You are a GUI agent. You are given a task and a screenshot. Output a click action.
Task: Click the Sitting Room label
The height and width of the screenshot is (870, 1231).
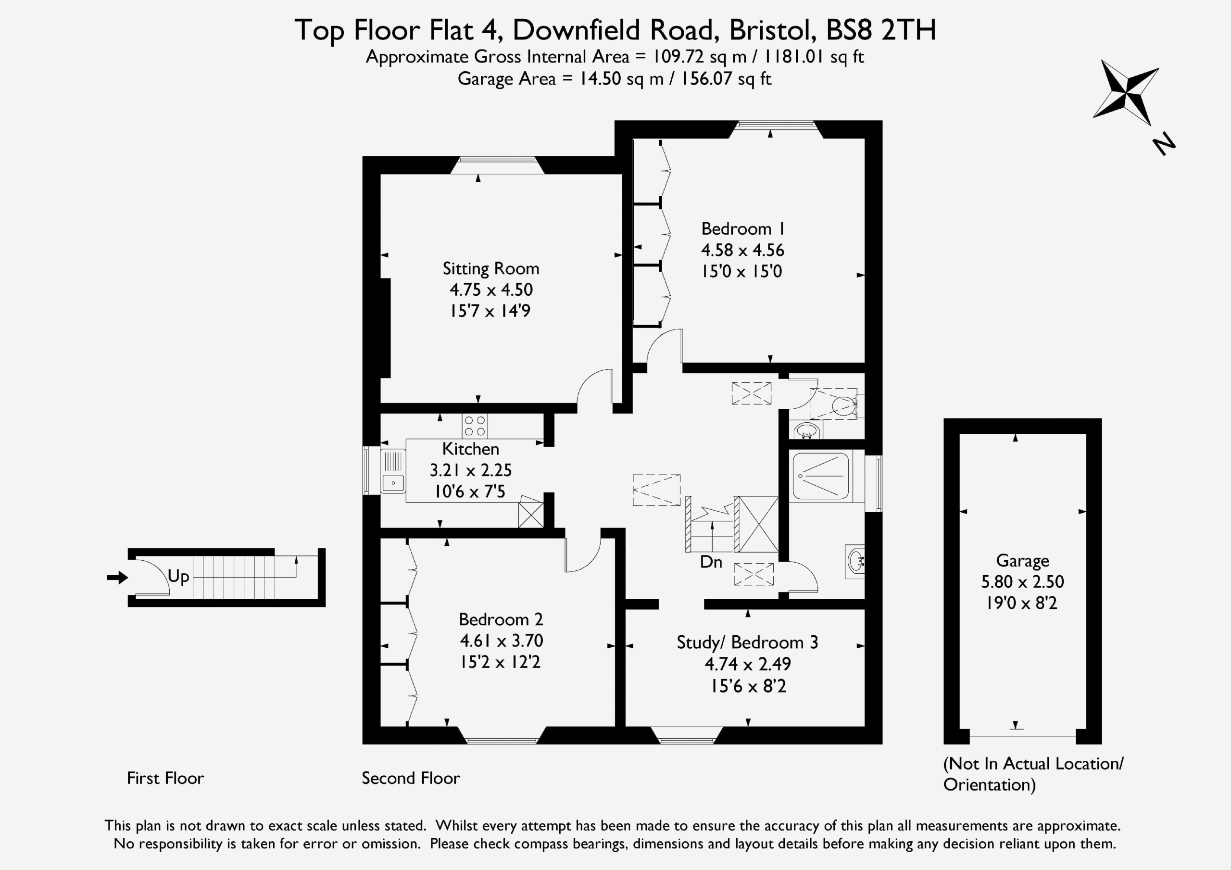pyautogui.click(x=490, y=268)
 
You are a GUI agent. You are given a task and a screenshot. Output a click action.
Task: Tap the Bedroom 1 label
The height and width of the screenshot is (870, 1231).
pyautogui.click(x=743, y=228)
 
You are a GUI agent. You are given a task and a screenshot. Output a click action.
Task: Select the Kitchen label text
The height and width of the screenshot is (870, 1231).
pyautogui.click(x=470, y=448)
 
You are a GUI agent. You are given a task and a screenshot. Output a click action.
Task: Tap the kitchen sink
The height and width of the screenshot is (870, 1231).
pyautogui.click(x=393, y=470)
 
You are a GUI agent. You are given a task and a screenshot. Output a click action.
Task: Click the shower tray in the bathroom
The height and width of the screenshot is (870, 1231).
pyautogui.click(x=821, y=477)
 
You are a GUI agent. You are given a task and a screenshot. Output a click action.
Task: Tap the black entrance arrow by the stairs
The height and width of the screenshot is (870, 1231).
pyautogui.click(x=117, y=578)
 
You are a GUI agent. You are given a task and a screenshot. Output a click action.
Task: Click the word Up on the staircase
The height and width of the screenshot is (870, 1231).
pyautogui.click(x=178, y=577)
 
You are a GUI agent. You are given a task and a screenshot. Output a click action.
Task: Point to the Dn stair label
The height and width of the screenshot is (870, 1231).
pyautogui.click(x=711, y=562)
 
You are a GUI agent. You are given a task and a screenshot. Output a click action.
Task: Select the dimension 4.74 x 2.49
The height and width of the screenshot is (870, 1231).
pyautogui.click(x=747, y=664)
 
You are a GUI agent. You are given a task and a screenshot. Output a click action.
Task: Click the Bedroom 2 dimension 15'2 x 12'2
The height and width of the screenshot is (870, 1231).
pyautogui.click(x=500, y=662)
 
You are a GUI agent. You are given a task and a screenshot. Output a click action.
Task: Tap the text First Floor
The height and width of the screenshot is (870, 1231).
pyautogui.click(x=165, y=778)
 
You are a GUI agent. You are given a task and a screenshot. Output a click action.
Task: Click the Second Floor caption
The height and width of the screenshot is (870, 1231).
pyautogui.click(x=411, y=778)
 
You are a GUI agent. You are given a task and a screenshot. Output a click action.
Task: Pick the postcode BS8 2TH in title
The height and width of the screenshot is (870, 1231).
pyautogui.click(x=881, y=30)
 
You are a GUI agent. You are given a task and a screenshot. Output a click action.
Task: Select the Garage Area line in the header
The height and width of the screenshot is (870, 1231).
pyautogui.click(x=615, y=79)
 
